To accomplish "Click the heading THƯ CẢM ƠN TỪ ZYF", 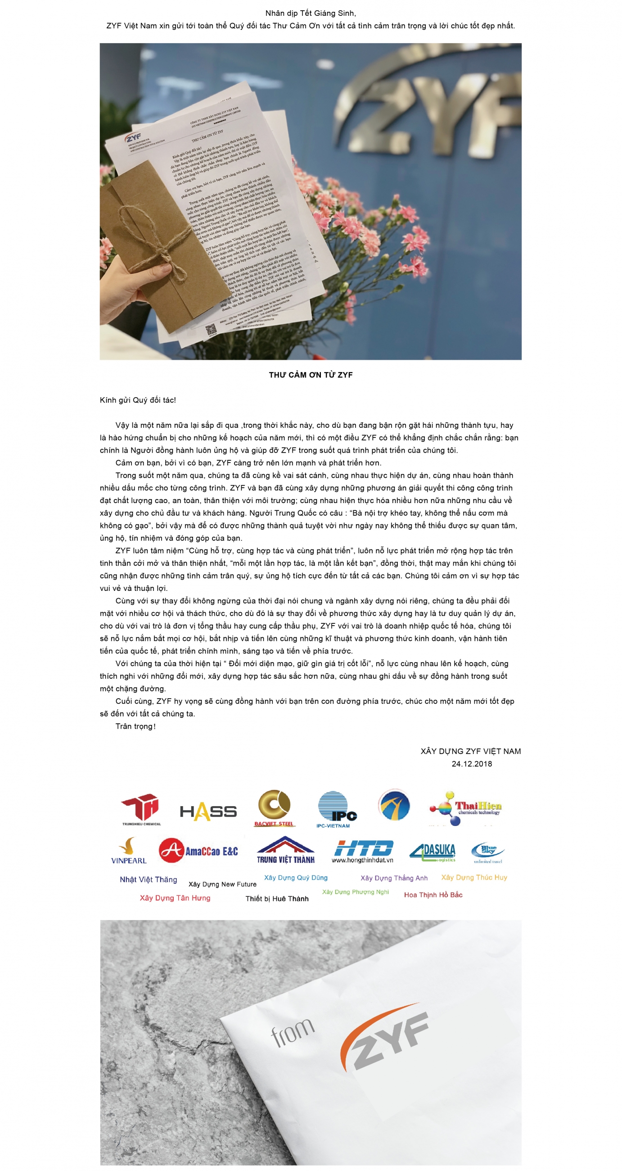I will [x=311, y=375].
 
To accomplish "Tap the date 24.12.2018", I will [x=472, y=764].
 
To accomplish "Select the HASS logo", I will [x=208, y=812].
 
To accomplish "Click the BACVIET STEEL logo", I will [x=275, y=809].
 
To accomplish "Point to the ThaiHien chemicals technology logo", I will [x=465, y=809].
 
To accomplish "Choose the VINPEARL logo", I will [x=129, y=851].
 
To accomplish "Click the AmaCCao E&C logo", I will [x=198, y=850].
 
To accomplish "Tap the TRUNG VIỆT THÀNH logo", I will [x=285, y=850].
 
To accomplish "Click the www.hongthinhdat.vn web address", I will [x=363, y=860].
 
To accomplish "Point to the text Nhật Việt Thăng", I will [x=148, y=880].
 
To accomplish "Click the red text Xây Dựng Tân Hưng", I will [x=175, y=898].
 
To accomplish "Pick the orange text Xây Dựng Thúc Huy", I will [x=474, y=877].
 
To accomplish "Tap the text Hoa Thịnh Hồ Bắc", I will [x=433, y=894].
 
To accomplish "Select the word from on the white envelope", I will [x=292, y=1032].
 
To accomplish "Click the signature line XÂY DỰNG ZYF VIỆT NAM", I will [x=471, y=751].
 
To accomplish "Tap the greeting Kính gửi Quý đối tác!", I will [x=138, y=400].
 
